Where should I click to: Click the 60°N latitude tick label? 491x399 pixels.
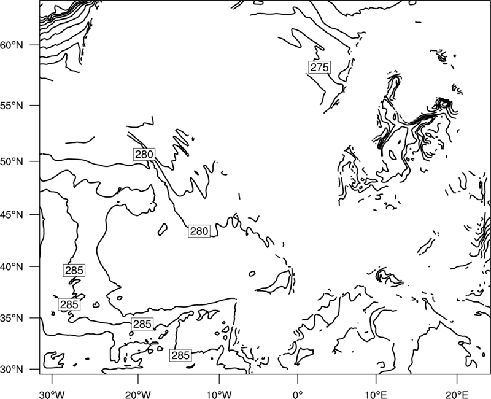tap(12, 45)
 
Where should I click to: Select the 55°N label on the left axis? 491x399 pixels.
tap(12, 106)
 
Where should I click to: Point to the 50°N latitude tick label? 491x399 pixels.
tap(12, 161)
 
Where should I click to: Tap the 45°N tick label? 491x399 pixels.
tap(12, 215)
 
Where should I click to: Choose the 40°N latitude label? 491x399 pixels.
tap(12, 267)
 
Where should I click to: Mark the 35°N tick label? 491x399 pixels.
tap(12, 318)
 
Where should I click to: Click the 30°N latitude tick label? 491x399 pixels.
tap(12, 370)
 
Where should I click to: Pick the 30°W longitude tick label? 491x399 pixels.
tap(52, 395)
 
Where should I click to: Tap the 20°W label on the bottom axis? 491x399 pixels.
tap(137, 395)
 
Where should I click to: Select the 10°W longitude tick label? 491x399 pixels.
tap(219, 395)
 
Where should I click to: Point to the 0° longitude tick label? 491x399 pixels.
tap(298, 395)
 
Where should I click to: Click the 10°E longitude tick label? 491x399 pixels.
tap(376, 395)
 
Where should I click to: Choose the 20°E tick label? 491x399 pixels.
tap(457, 395)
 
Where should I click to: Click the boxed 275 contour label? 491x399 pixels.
tap(319, 68)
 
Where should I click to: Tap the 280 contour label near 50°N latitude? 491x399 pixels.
tap(144, 155)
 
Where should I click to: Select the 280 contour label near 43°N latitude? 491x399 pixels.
tap(199, 231)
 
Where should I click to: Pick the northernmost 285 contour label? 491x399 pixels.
tap(74, 270)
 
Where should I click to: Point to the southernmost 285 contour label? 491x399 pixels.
tap(180, 355)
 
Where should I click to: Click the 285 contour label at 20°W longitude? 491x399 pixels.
tap(142, 324)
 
